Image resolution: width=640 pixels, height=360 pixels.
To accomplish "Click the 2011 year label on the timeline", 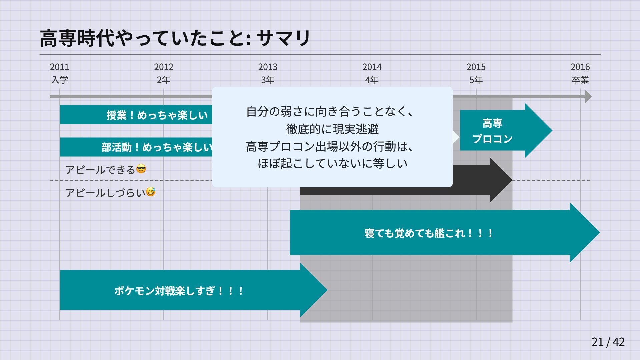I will pyautogui.click(x=60, y=67).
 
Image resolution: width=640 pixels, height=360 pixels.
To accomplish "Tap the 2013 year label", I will pyautogui.click(x=268, y=67).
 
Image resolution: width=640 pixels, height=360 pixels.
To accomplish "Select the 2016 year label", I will pyautogui.click(x=580, y=67).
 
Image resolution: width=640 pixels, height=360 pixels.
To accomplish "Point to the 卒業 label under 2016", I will pyautogui.click(x=580, y=80).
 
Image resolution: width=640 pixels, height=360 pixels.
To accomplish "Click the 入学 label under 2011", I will pyautogui.click(x=60, y=80).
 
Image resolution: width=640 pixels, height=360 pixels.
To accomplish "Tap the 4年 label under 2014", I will pyautogui.click(x=372, y=80).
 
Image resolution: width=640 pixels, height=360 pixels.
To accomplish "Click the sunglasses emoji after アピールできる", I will pyautogui.click(x=141, y=169).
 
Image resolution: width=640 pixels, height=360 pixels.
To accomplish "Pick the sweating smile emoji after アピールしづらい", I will pyautogui.click(x=151, y=192).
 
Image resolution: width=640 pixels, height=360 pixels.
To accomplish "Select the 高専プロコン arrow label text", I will pyautogui.click(x=492, y=131).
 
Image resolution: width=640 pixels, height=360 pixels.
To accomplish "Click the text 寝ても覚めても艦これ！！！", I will pyautogui.click(x=429, y=233).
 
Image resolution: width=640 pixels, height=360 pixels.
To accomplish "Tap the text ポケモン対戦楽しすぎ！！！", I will pyautogui.click(x=179, y=291).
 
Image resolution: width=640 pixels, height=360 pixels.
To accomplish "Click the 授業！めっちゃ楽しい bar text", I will pyautogui.click(x=157, y=115).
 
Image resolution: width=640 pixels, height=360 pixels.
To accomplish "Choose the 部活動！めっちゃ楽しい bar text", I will pyautogui.click(x=157, y=147).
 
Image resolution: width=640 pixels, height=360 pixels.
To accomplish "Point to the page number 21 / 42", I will pyautogui.click(x=608, y=342).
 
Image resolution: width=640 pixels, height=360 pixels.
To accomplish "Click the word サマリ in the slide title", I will pyautogui.click(x=284, y=38).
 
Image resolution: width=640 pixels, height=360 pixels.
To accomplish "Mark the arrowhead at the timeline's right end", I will pyautogui.click(x=588, y=97).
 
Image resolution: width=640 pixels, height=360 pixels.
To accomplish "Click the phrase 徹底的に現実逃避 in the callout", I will pyautogui.click(x=332, y=129).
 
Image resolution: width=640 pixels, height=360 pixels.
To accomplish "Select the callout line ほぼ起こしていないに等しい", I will pyautogui.click(x=332, y=163).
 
